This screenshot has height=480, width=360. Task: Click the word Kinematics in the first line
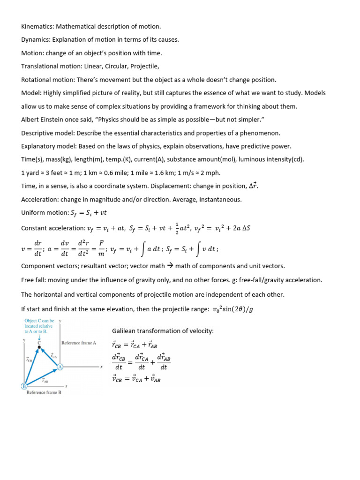[38, 26]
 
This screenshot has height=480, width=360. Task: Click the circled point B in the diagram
[23, 386]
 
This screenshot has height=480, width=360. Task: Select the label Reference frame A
[79, 343]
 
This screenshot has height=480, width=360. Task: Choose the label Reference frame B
[44, 392]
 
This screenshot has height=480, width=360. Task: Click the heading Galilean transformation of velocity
[163, 331]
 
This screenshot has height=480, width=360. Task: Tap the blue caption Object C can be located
[40, 325]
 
